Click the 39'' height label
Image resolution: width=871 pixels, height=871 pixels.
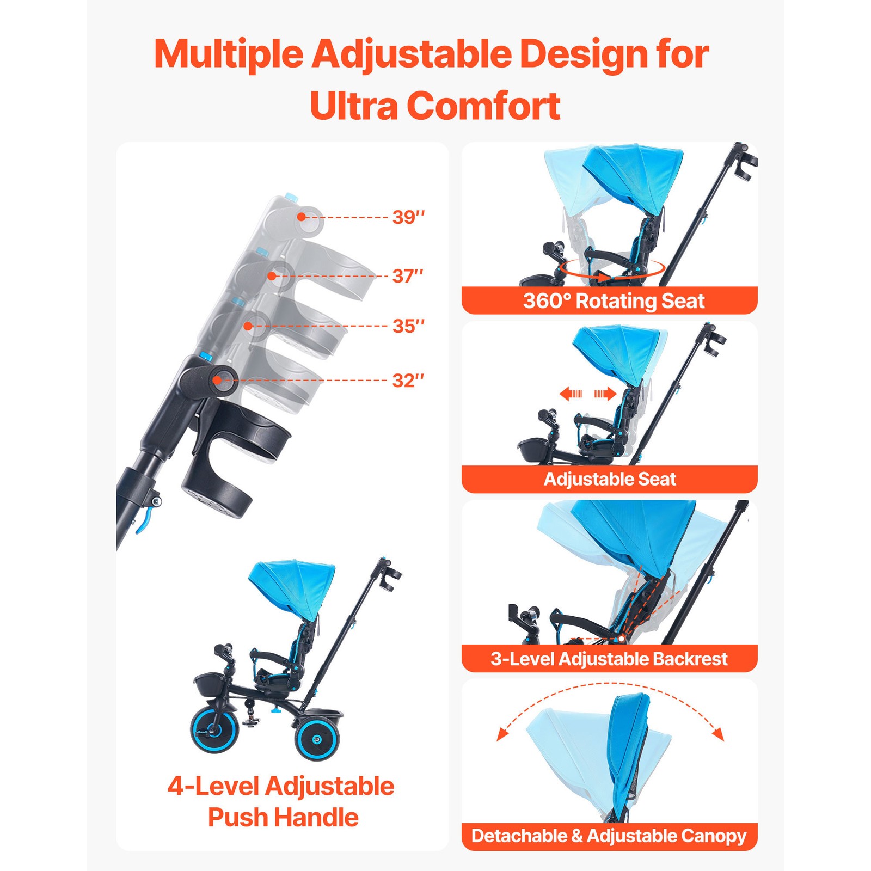click(x=408, y=217)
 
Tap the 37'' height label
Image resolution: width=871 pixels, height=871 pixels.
click(x=408, y=276)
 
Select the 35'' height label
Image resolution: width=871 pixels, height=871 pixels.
click(x=408, y=326)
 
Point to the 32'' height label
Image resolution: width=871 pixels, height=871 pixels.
click(x=408, y=381)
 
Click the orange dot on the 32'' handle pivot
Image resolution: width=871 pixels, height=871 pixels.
click(x=217, y=380)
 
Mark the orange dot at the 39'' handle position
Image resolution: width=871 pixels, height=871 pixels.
click(x=301, y=217)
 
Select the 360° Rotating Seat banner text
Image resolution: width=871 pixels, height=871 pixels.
click(x=614, y=301)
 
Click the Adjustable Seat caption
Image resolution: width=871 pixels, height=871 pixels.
click(x=610, y=479)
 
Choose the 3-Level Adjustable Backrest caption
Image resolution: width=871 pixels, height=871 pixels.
click(x=609, y=659)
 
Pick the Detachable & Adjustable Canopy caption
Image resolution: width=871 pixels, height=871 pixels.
click(x=609, y=836)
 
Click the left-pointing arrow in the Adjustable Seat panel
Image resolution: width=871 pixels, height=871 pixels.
click(x=571, y=394)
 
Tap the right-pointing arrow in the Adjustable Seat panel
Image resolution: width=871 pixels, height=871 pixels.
click(x=605, y=394)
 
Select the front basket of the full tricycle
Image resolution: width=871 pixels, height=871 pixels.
click(x=210, y=684)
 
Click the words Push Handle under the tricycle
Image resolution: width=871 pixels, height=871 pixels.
click(x=283, y=818)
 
